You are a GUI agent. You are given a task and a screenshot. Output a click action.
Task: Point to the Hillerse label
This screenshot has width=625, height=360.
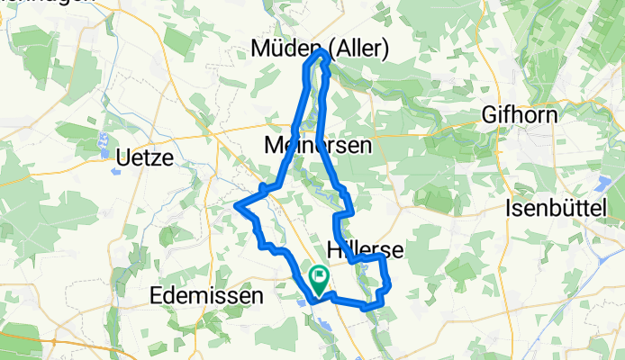[x=365, y=248]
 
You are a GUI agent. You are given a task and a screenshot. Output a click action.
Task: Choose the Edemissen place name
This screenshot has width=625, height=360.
[x=208, y=296]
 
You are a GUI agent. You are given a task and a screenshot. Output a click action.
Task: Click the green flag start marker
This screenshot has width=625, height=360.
[x=319, y=277]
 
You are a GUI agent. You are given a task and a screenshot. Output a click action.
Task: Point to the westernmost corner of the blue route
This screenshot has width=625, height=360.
[x=236, y=206]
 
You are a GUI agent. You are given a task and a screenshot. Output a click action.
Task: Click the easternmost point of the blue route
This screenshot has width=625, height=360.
[x=391, y=287]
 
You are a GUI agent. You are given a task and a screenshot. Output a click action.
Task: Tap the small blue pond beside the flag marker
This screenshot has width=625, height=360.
[x=300, y=301]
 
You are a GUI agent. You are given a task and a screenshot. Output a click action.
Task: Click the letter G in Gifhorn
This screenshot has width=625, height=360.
[x=491, y=116]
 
